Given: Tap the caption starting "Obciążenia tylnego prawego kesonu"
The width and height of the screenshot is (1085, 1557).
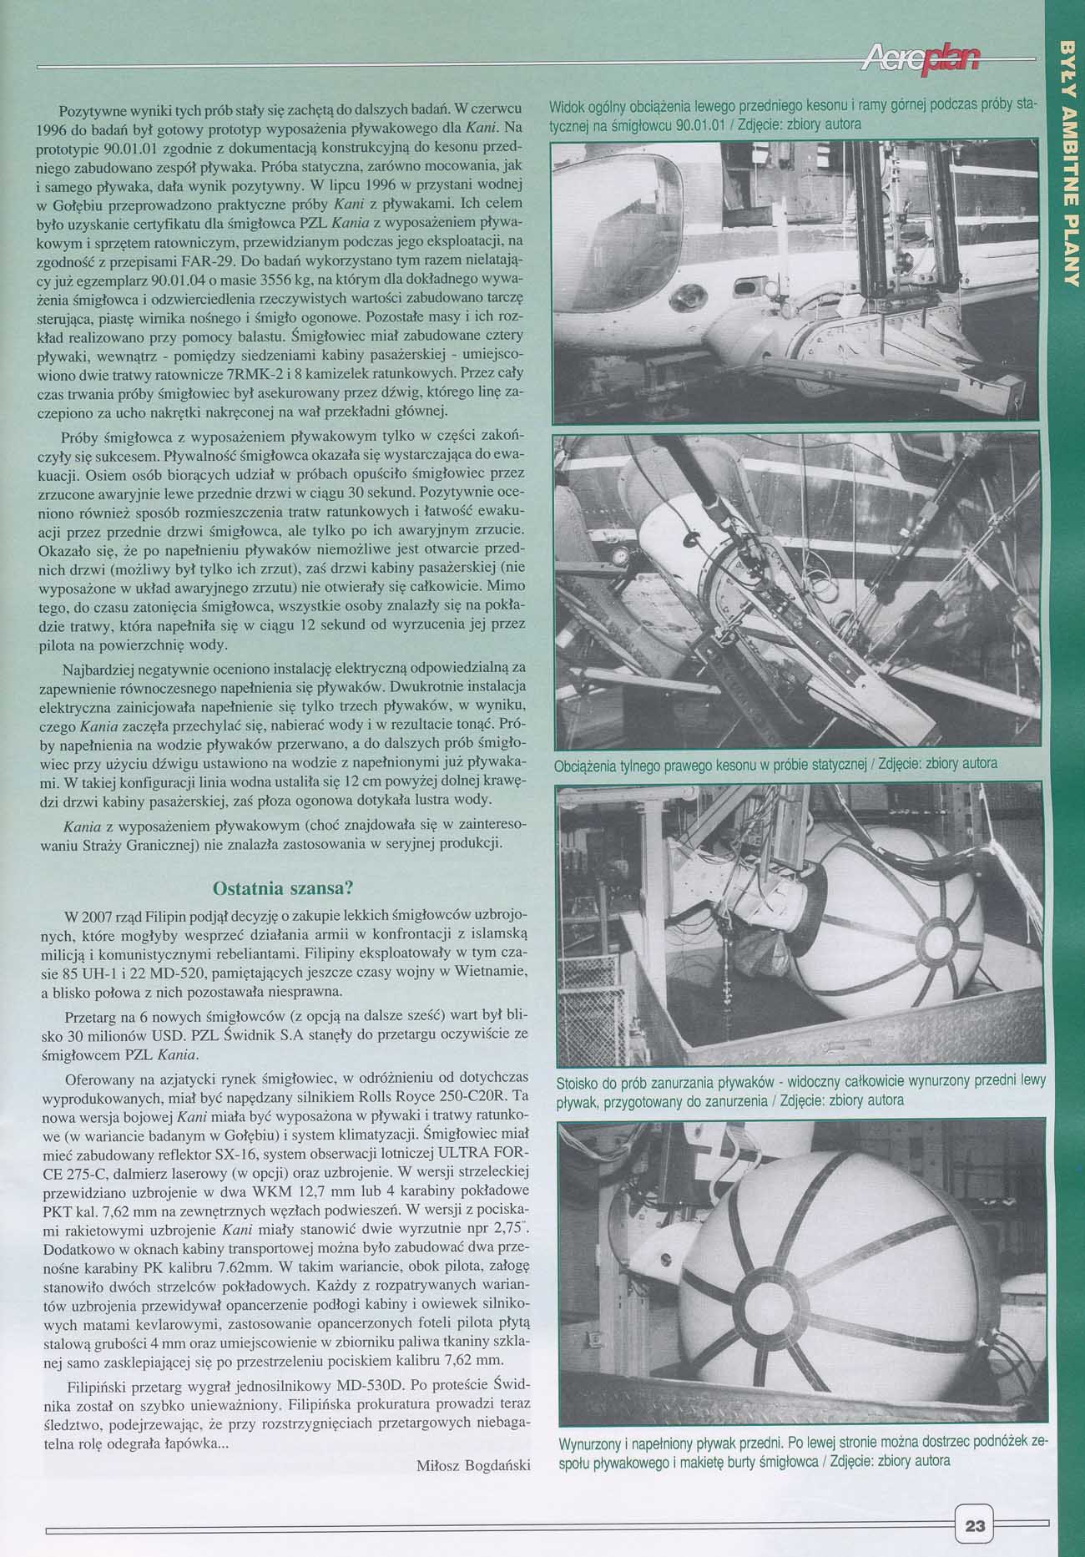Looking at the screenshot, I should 775,763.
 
